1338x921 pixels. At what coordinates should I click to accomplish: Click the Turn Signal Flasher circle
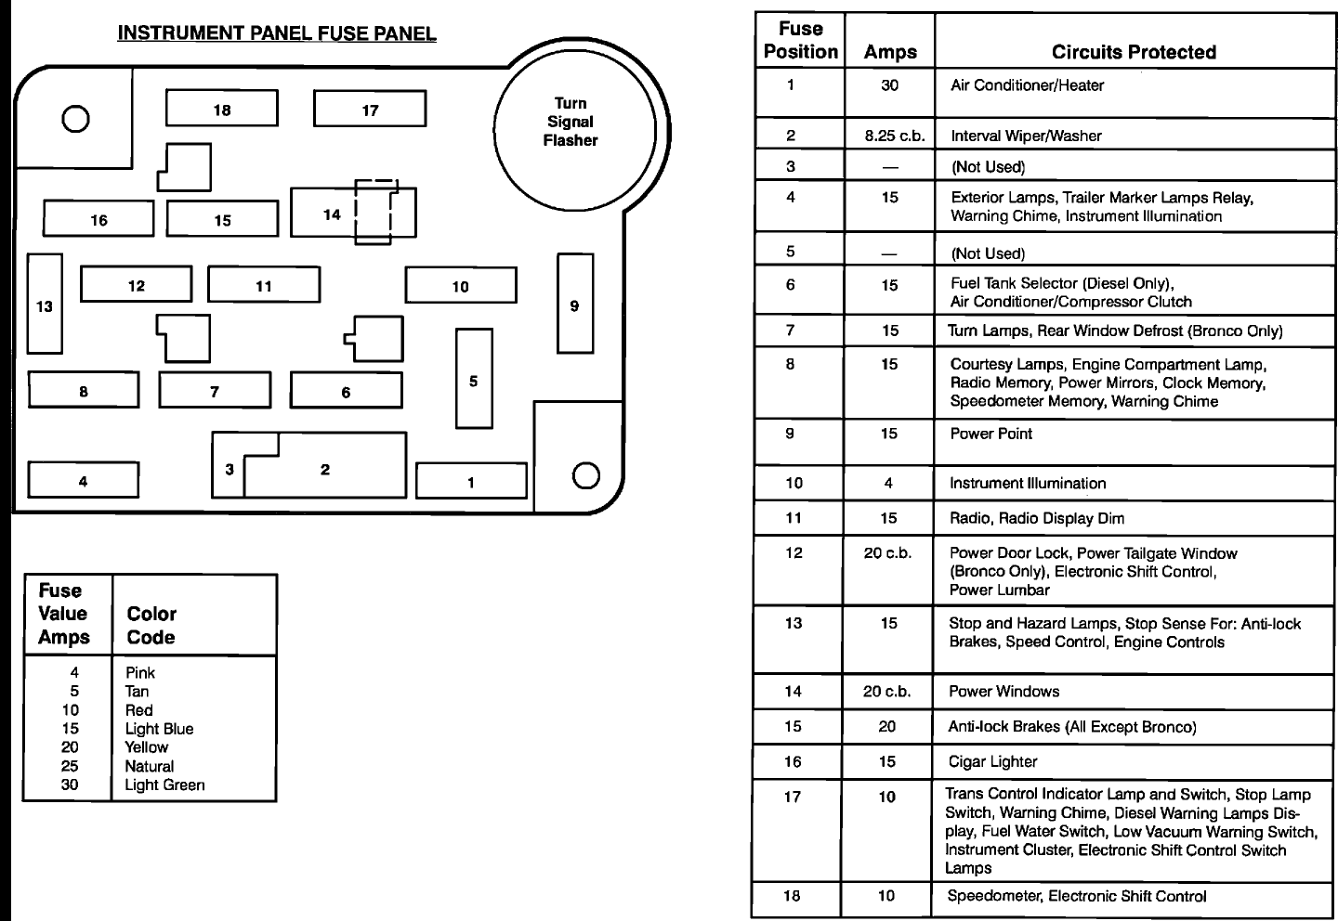point(571,122)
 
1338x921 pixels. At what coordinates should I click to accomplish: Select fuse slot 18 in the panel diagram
point(221,109)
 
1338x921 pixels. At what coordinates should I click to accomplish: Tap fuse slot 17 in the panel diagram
point(370,110)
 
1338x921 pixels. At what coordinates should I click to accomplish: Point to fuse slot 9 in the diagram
point(574,305)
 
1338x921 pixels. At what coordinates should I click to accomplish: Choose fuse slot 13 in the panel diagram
point(45,305)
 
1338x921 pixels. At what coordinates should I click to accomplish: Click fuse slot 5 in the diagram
point(473,380)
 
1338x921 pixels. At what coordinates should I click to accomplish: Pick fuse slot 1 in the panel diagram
point(470,481)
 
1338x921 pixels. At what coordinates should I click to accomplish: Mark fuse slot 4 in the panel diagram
point(83,480)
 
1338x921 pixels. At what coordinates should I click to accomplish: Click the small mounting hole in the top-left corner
point(74,119)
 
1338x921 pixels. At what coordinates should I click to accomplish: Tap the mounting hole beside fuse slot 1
point(585,475)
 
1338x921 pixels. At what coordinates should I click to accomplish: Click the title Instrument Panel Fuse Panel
point(277,34)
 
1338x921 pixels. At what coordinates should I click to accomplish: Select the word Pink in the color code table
point(140,673)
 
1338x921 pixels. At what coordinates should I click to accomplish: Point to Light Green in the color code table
point(164,785)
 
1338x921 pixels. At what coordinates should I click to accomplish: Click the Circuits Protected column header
point(1134,52)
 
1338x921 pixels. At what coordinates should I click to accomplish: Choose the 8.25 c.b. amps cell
point(889,136)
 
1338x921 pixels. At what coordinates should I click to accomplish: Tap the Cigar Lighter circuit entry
point(992,761)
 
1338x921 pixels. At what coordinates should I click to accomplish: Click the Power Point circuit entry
point(990,434)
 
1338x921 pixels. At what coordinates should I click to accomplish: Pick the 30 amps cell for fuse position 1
point(889,85)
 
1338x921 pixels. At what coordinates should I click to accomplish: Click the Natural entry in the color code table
point(150,766)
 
